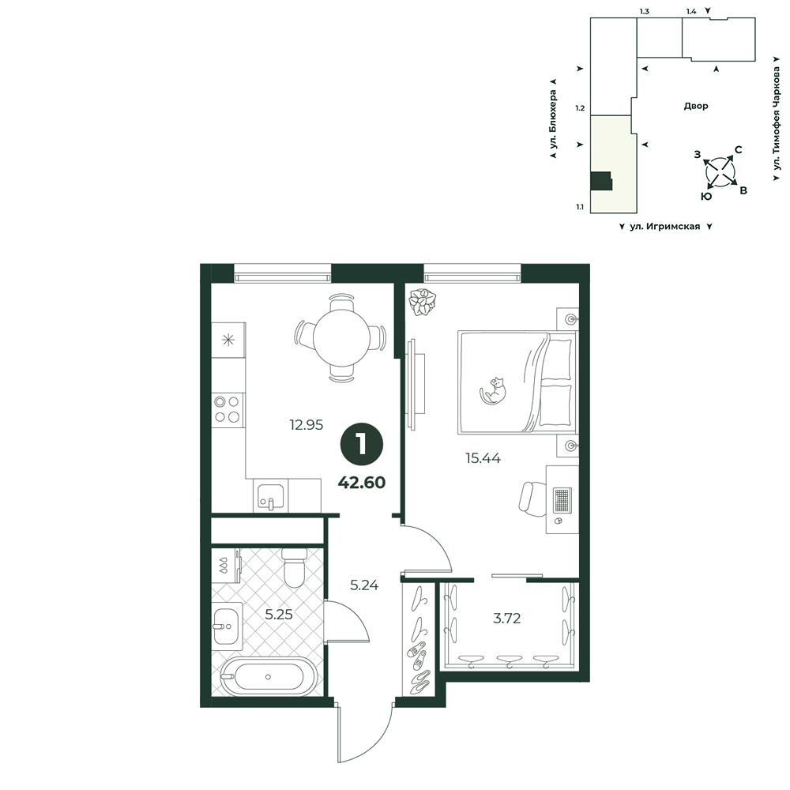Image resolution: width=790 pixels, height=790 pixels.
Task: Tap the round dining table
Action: click(342, 337)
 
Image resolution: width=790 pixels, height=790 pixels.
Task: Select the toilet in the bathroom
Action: click(294, 567)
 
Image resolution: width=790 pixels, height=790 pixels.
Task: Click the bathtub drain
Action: click(268, 677)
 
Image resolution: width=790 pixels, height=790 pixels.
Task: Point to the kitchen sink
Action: click(270, 495)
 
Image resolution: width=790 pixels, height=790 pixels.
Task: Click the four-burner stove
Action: click(228, 409)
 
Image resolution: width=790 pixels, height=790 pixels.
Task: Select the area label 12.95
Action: click(307, 425)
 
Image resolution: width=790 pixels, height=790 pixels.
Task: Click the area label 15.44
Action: click(483, 458)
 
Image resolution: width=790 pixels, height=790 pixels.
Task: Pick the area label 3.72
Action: click(507, 618)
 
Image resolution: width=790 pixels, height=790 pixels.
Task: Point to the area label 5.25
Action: click(279, 614)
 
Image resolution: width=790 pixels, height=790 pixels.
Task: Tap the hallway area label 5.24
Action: click(364, 585)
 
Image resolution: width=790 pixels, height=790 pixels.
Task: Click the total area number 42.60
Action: click(362, 482)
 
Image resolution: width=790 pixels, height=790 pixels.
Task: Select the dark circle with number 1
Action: click(362, 444)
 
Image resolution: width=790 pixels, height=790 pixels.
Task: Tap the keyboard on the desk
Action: click(562, 500)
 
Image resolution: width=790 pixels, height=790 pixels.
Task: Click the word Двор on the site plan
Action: click(696, 106)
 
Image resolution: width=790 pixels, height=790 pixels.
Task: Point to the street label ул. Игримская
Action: click(665, 227)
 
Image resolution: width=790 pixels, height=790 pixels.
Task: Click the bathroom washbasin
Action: click(226, 626)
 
